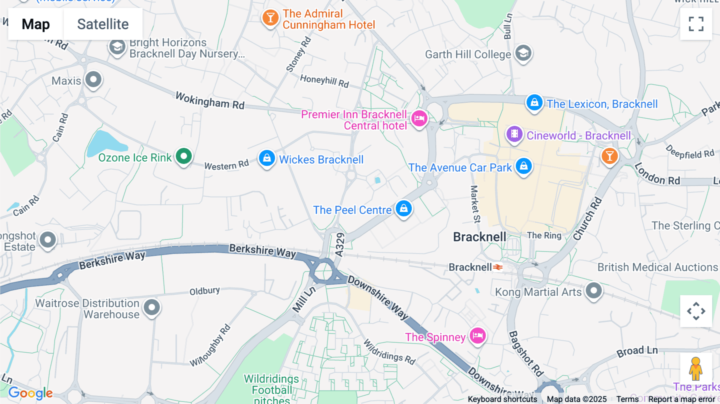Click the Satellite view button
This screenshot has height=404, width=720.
103,24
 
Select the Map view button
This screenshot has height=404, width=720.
36,24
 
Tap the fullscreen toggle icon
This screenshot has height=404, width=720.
696,24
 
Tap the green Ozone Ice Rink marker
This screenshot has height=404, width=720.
184,156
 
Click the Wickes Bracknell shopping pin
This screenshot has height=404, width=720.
267,158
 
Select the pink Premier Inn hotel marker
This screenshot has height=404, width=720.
419,118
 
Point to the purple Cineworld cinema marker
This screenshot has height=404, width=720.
514,134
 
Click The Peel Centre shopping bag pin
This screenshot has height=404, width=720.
404,208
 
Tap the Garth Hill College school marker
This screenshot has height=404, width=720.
523,53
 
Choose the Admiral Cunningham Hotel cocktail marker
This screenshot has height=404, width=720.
270,18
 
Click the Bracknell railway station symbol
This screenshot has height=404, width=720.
498,267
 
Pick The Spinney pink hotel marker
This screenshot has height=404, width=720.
478,336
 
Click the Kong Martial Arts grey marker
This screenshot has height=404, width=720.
594,290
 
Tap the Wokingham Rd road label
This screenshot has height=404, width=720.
210,100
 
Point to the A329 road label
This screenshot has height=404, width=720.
340,245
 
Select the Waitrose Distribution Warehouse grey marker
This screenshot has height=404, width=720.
152,308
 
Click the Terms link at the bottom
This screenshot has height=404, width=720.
627,399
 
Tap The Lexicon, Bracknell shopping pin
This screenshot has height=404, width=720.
534,102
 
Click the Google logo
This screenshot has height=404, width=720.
30,393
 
